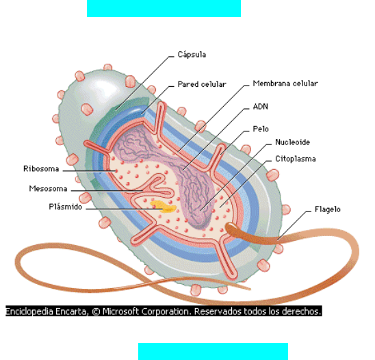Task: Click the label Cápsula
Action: coord(192,55)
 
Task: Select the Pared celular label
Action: coord(202,84)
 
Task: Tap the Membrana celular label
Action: coord(285,83)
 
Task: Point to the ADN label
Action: coord(261,107)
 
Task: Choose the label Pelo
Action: coord(261,129)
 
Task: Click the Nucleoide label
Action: coord(292,142)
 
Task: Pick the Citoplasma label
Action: coord(296,159)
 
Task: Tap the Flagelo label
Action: coord(327,209)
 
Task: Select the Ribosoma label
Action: coord(41,168)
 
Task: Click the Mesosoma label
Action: coord(48,188)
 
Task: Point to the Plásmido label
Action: coord(65,207)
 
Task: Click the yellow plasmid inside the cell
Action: coord(164,207)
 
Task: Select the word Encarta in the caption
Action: coord(70,311)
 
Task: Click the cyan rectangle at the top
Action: coord(164,8)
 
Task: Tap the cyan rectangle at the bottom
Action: coord(213,351)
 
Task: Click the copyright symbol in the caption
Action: coord(96,311)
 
